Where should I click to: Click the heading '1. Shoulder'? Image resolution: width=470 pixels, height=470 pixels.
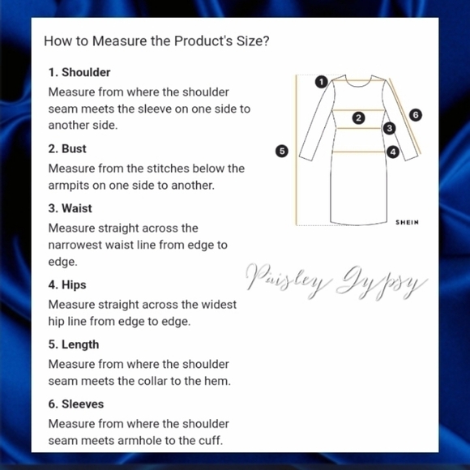coord(79,73)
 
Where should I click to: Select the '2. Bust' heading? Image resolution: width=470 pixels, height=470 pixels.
coord(67,149)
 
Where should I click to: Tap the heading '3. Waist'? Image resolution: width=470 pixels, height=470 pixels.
coord(70,208)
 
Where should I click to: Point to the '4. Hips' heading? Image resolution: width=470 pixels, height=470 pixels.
coord(67,284)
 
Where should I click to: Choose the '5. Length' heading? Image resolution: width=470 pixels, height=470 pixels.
coord(74,344)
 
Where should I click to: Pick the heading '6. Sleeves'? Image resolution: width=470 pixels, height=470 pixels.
coord(76,404)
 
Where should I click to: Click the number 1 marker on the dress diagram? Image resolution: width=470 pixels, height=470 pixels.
coord(322,82)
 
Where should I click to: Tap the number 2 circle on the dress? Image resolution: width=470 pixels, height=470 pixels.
coord(358,118)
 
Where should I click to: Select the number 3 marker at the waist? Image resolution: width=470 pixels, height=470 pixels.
coord(389,128)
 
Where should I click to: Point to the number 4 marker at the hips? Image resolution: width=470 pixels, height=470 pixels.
coord(393,152)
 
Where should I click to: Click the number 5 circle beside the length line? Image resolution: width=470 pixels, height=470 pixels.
coord(282,151)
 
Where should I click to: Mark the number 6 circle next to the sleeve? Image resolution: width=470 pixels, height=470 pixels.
coord(416,115)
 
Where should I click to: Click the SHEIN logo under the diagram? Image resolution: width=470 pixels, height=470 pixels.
coord(407,222)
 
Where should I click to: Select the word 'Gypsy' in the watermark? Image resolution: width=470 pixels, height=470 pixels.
coord(382,283)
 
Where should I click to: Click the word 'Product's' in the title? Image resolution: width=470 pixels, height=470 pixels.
coord(203,41)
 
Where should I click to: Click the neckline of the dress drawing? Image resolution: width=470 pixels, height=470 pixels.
coord(358,85)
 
